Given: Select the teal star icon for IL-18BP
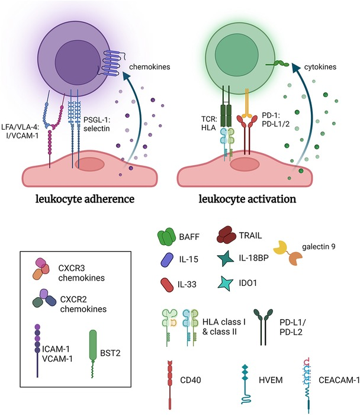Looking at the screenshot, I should pyautogui.click(x=232, y=259).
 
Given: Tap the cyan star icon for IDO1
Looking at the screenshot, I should pyautogui.click(x=232, y=282).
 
